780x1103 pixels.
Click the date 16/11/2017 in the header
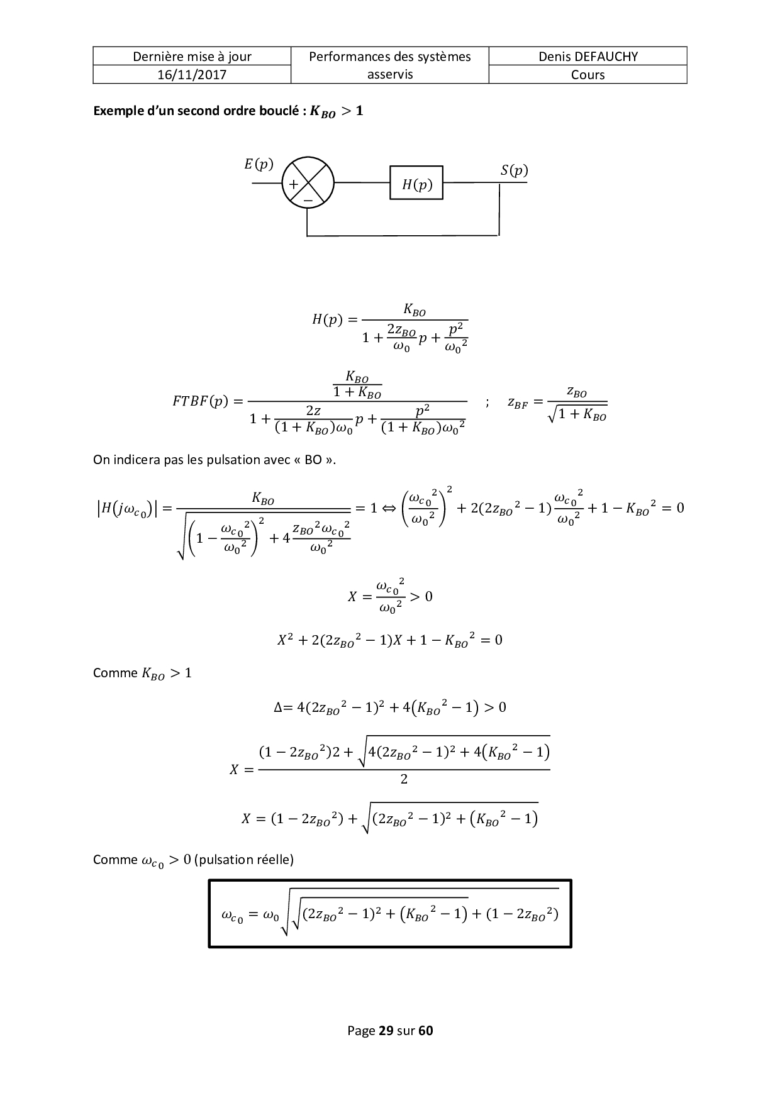pos(192,75)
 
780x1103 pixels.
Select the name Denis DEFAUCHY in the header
pos(588,57)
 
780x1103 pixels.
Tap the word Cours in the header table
pos(588,75)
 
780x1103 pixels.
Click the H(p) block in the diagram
pos(416,183)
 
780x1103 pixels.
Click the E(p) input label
pos(259,164)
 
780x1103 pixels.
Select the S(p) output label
pos(514,170)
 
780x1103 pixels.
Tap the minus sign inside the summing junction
pos(308,199)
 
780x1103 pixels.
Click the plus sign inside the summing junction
pos(293,184)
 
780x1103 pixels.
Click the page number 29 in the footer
pos(386,1031)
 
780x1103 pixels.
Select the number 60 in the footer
pos(426,1031)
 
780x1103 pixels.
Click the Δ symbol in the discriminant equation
pos(279,707)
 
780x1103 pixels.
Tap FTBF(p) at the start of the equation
pos(199,401)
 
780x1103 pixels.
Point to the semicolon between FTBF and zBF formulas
pos(487,402)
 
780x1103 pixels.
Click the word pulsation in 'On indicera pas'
pos(241,459)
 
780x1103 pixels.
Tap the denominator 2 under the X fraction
pos(404,780)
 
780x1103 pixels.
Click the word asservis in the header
pos(390,74)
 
